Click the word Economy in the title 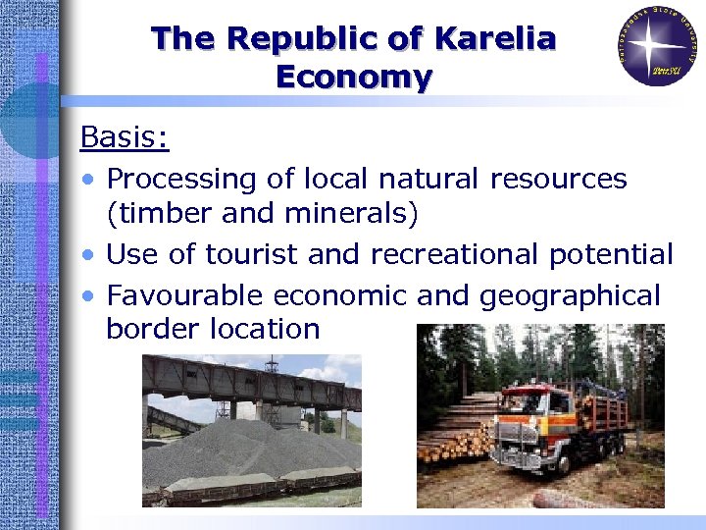[354, 77]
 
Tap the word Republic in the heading [308, 39]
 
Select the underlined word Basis [125, 137]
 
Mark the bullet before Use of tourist [89, 256]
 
